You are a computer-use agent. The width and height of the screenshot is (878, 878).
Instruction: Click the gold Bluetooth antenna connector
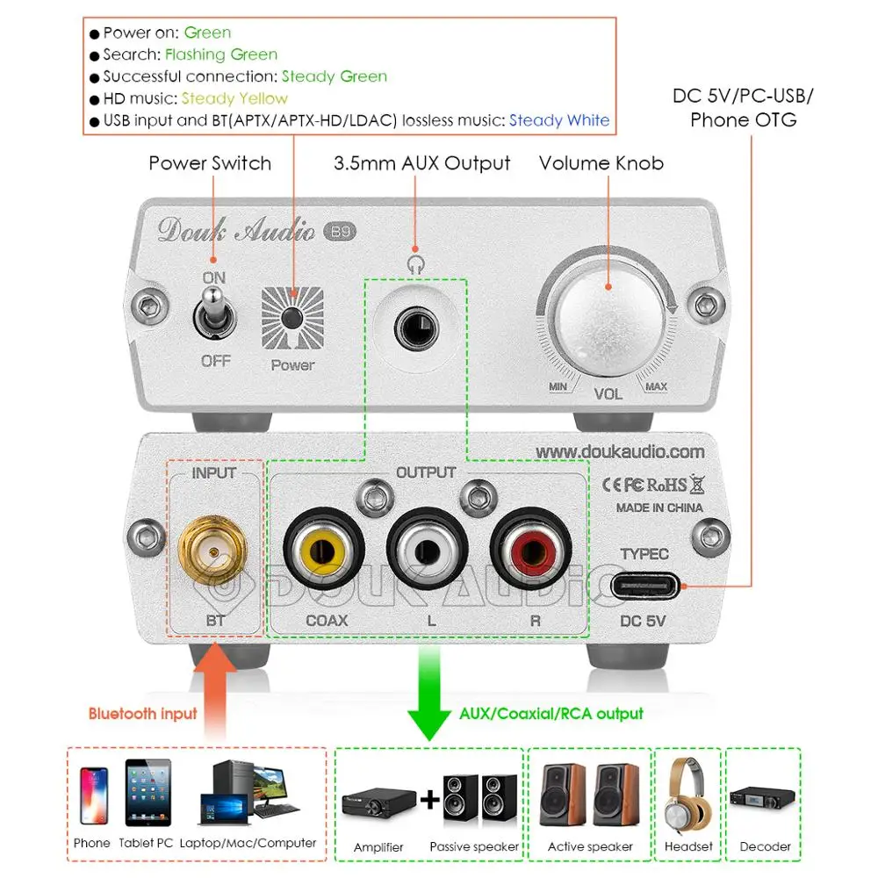[x=213, y=551]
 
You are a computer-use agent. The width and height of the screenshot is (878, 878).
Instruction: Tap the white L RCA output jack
[x=427, y=552]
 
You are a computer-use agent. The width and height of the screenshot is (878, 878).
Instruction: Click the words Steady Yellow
[x=234, y=98]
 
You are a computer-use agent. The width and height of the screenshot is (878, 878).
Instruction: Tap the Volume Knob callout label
[x=601, y=163]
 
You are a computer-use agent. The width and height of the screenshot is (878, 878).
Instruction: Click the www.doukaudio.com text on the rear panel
[x=620, y=451]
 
